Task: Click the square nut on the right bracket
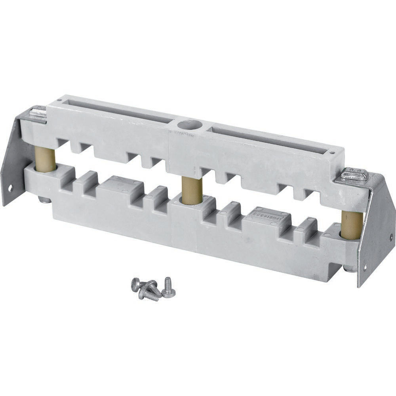point(354,174)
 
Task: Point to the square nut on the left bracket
point(38,112)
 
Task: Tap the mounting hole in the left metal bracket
point(10,187)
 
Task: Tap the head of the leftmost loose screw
point(135,284)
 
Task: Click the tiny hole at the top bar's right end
point(332,152)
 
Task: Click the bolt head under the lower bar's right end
point(349,269)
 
